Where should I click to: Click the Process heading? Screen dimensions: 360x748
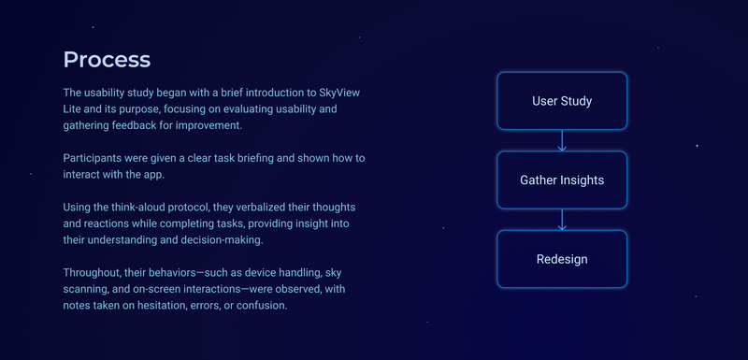tap(107, 60)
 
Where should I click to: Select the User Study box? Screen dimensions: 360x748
tap(562, 101)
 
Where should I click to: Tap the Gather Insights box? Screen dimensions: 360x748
tap(562, 180)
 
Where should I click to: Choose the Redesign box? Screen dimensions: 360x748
tap(562, 259)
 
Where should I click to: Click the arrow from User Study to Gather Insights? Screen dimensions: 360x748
tap(562, 140)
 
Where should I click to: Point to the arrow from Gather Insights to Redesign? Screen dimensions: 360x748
tap(562, 219)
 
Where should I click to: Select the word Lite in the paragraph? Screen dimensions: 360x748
tap(74, 108)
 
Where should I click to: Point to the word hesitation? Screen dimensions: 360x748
tap(178, 304)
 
